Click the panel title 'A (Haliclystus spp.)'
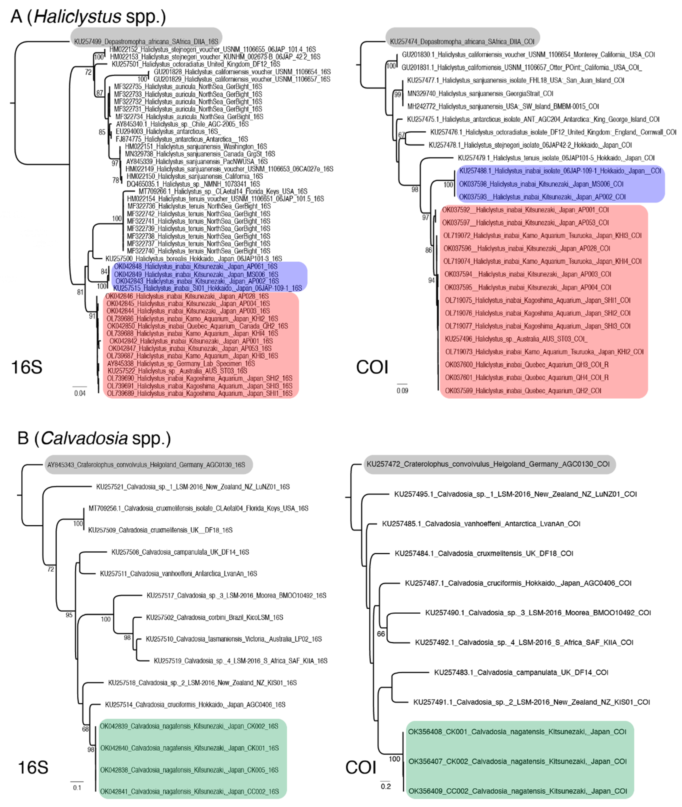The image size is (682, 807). [88, 17]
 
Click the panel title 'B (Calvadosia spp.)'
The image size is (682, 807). [94, 438]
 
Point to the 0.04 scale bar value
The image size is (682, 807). [80, 393]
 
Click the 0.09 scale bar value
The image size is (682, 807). [402, 391]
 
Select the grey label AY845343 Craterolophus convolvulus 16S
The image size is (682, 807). [146, 465]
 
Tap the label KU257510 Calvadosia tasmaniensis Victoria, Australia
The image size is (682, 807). [234, 639]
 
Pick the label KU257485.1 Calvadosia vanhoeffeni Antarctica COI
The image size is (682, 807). [481, 524]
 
